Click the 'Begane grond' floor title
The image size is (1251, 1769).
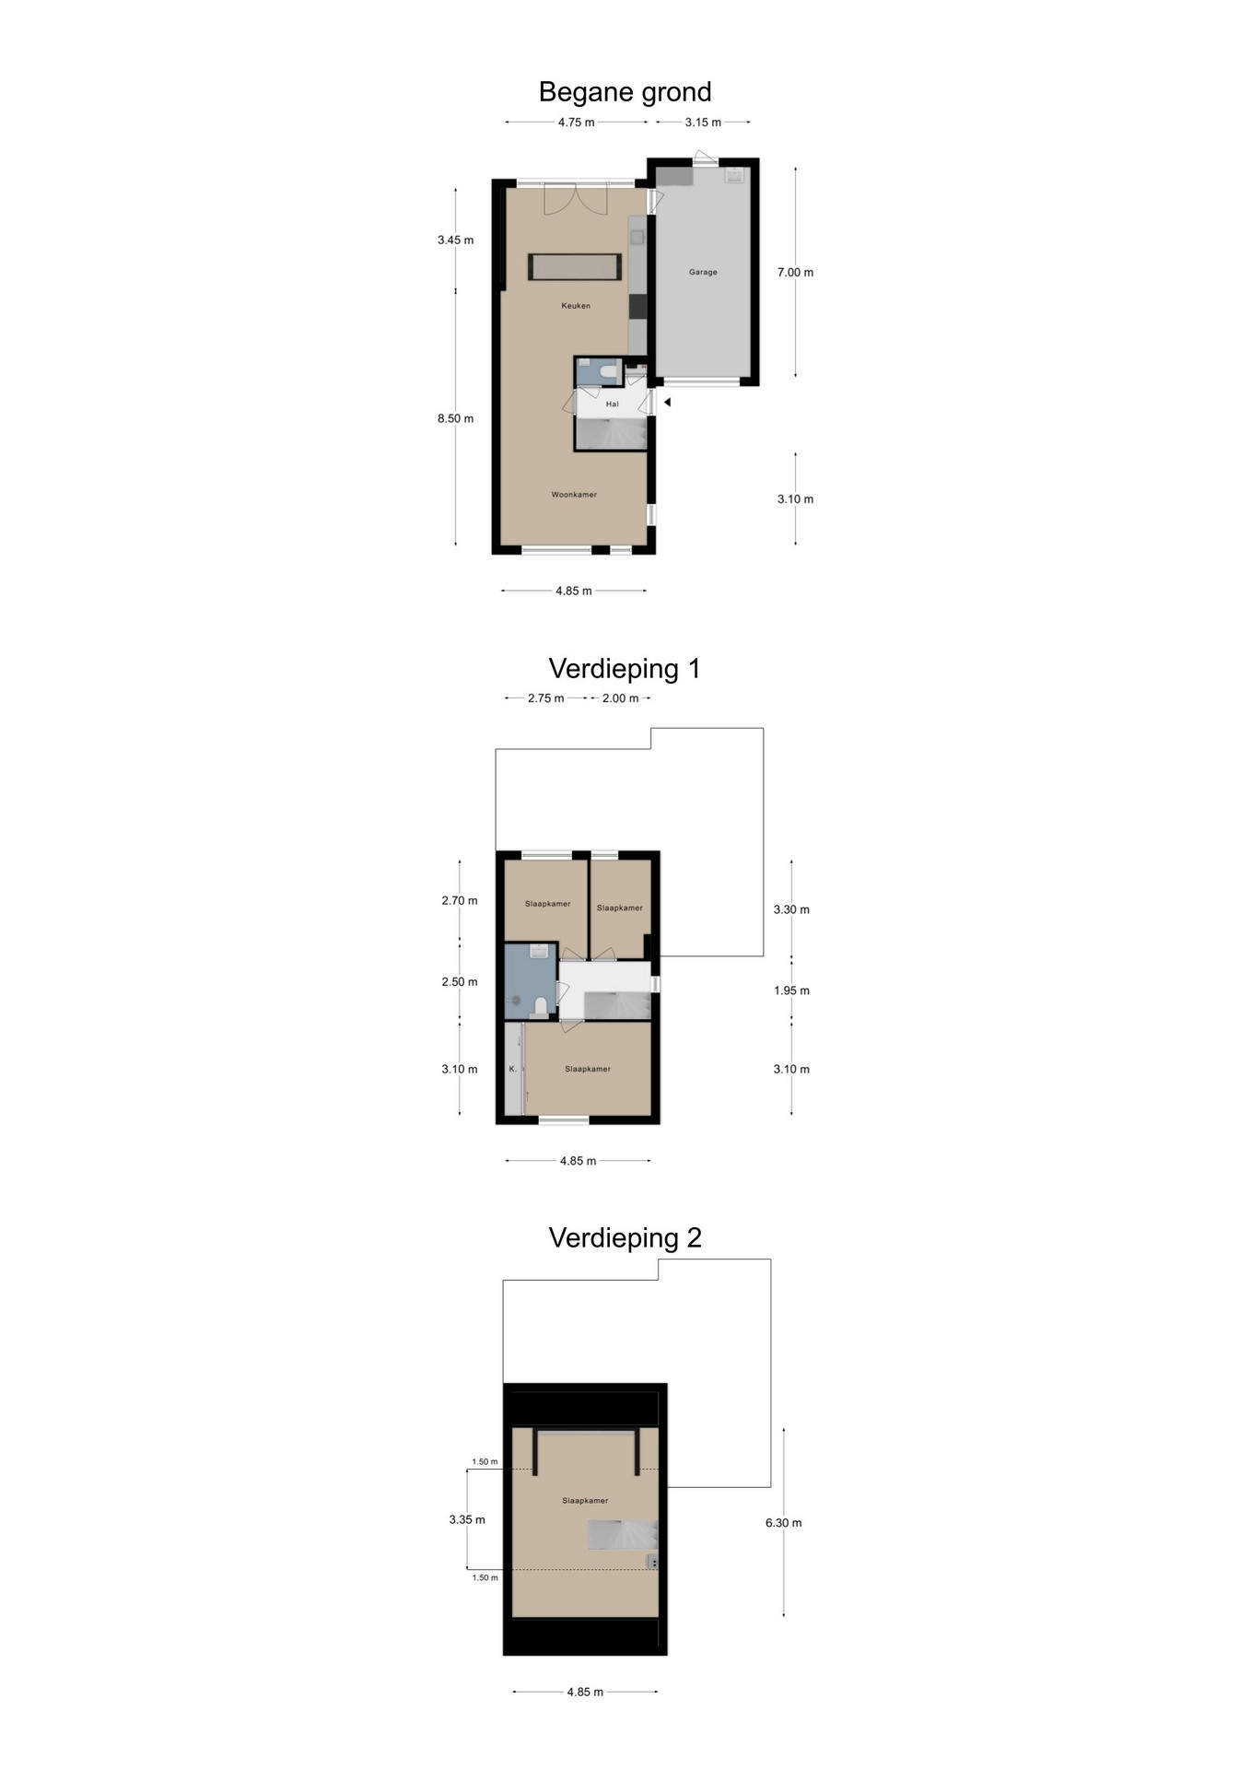625,93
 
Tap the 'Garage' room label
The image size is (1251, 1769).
703,273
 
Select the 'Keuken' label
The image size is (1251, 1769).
576,306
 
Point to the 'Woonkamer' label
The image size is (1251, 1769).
574,495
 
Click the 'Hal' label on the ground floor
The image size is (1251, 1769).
613,404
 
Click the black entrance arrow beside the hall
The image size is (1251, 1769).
667,403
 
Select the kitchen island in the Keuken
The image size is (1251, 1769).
575,267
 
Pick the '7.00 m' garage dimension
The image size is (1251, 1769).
795,273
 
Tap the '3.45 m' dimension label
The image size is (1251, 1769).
455,240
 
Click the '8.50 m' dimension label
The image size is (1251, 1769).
455,419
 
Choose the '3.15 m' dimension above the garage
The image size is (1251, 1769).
703,123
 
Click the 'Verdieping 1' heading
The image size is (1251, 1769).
625,669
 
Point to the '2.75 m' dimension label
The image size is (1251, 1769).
545,698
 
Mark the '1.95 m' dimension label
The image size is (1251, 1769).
791,991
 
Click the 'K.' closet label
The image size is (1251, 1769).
513,1070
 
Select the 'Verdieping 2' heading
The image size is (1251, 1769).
625,1238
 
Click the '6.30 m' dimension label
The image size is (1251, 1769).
783,1523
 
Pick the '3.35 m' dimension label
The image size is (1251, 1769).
467,1519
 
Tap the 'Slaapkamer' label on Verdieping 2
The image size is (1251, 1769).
585,1501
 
